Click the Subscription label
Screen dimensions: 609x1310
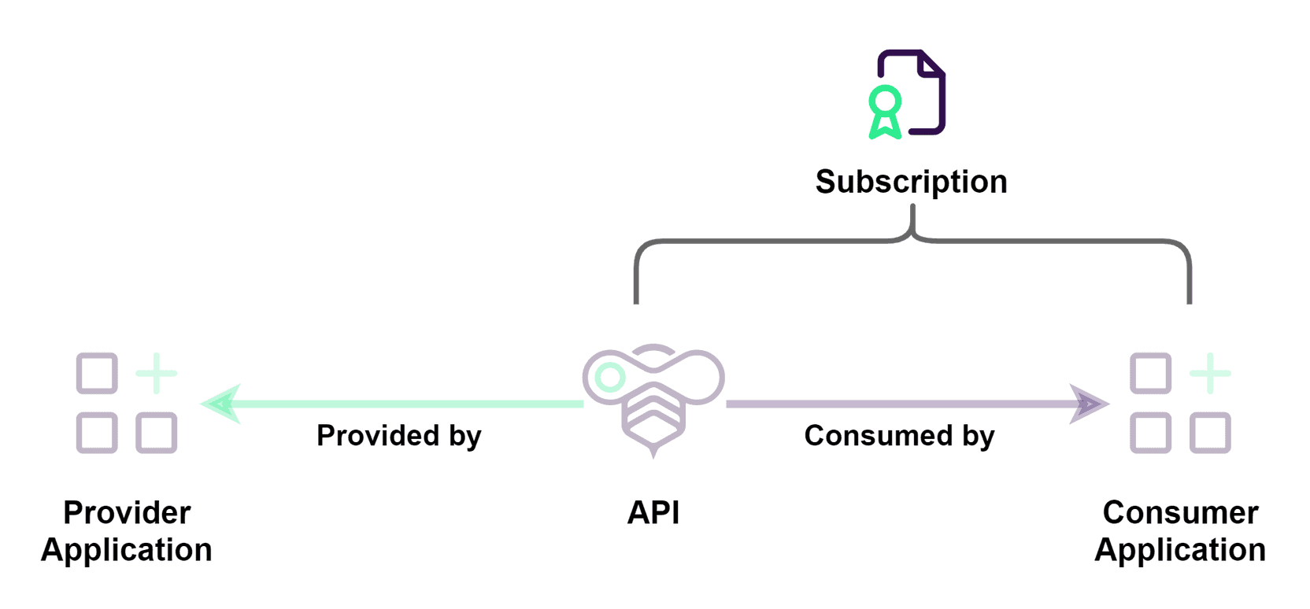pos(911,182)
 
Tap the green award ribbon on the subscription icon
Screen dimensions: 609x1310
pos(885,111)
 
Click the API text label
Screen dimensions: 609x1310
pos(653,513)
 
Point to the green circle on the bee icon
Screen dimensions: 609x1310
pos(609,378)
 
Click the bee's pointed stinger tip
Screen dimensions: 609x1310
pos(653,454)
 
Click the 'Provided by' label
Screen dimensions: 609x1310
pos(398,436)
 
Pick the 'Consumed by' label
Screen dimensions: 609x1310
pos(899,436)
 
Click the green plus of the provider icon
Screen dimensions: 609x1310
pos(157,374)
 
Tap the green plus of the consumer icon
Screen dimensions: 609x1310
pos(1210,374)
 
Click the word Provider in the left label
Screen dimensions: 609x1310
pos(127,513)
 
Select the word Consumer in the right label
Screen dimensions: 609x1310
pos(1180,513)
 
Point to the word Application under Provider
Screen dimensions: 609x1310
pos(127,550)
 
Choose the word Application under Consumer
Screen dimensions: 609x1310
pos(1180,550)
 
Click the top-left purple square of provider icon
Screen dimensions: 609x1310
pos(97,374)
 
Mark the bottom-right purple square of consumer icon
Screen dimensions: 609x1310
pos(1210,433)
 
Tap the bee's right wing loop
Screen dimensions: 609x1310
pos(697,376)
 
